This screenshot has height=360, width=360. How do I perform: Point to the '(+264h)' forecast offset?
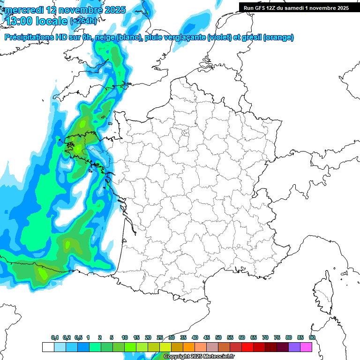coord(83,21)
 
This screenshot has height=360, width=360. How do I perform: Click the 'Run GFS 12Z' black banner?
coord(296,7)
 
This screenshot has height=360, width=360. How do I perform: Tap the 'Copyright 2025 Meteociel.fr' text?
coord(199,357)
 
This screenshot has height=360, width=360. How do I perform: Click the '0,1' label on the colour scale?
coord(55,338)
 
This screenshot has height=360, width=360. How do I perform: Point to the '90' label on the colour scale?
coord(312,338)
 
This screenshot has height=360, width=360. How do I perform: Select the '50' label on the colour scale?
coord(218,338)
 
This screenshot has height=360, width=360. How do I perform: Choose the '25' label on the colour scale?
coord(160,338)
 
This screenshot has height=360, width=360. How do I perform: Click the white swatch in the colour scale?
coord(48,347)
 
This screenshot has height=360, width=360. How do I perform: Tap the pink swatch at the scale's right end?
coord(306,347)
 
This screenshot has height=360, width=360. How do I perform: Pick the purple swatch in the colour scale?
coord(294,347)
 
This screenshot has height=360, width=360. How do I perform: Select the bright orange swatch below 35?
coord(189,347)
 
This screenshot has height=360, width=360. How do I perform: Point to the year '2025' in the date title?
coord(115,10)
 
